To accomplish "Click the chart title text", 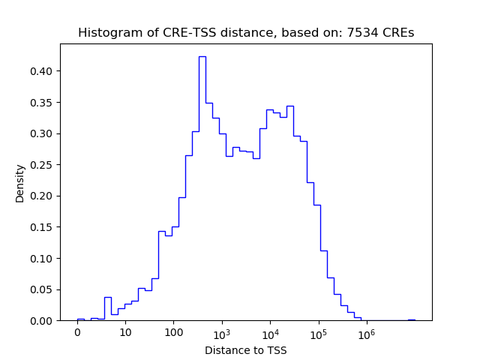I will click(x=246, y=33).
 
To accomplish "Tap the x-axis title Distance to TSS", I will click(x=246, y=350).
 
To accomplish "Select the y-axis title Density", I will click(x=20, y=183).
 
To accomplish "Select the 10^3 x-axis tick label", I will click(x=222, y=332).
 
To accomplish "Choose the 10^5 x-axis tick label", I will click(x=319, y=332).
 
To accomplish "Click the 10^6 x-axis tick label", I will click(x=367, y=332).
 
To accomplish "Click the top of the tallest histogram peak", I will click(x=202, y=56).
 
